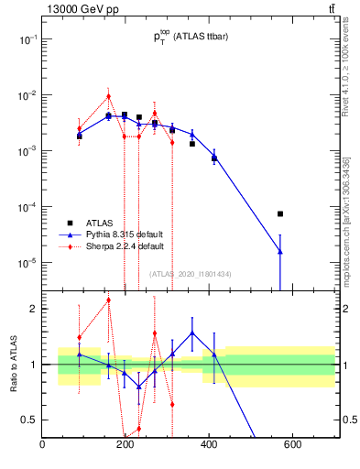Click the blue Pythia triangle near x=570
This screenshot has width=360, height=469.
pyautogui.click(x=280, y=251)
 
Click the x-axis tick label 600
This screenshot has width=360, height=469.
pyautogui.click(x=293, y=445)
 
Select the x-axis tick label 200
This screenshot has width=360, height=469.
pyautogui.click(x=126, y=445)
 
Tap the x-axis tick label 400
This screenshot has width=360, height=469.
pyautogui.click(x=210, y=445)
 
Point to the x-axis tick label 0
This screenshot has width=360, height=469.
pyautogui.click(x=43, y=445)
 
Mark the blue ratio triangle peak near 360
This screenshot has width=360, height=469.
pyautogui.click(x=192, y=333)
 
